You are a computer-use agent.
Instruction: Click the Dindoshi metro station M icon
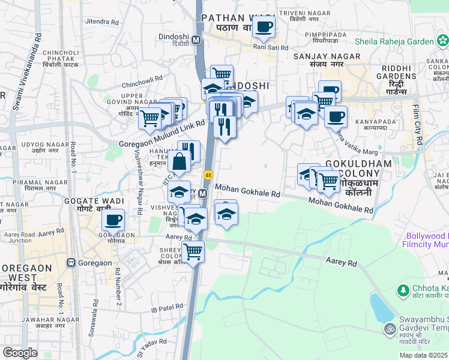tap(196, 40)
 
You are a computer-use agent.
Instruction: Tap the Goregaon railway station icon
tap(72, 262)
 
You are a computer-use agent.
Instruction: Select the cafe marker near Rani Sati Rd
tap(264, 26)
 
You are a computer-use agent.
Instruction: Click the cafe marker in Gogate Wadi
tap(112, 220)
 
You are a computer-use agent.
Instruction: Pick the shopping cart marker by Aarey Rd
tap(193, 251)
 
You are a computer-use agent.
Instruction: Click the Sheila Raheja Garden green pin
tap(442, 41)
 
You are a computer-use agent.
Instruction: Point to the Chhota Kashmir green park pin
tap(403, 290)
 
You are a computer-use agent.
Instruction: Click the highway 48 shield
tap(208, 175)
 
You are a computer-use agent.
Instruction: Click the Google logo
tap(20, 353)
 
